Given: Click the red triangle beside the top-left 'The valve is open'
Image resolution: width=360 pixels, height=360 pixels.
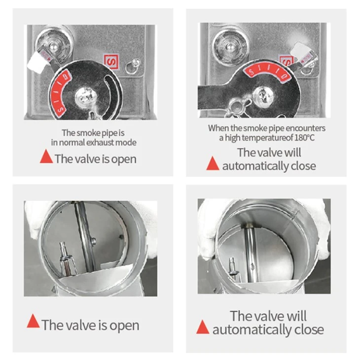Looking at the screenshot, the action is pyautogui.click(x=46, y=157).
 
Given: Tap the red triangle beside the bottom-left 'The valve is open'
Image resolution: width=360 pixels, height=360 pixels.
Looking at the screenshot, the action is pyautogui.click(x=34, y=321).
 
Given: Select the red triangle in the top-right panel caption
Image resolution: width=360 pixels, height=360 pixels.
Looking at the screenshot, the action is pyautogui.click(x=213, y=163).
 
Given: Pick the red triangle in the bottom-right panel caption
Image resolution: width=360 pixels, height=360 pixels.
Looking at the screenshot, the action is pyautogui.click(x=203, y=327).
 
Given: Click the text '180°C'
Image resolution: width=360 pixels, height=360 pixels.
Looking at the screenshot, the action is pyautogui.click(x=304, y=138).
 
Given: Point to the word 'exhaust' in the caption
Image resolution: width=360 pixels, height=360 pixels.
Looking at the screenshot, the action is pyautogui.click(x=100, y=143).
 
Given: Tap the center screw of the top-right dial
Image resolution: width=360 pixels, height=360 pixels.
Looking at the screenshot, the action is pyautogui.click(x=263, y=96).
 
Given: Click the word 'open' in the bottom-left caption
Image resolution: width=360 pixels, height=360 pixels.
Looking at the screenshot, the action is pyautogui.click(x=124, y=326).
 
